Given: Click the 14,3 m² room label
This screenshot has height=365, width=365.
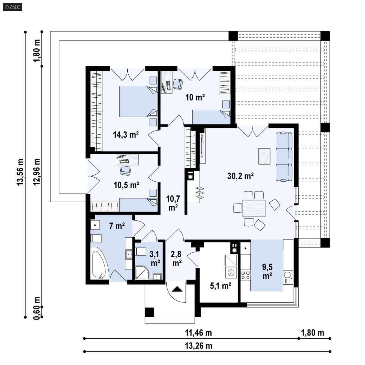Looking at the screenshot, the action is click(x=126, y=135).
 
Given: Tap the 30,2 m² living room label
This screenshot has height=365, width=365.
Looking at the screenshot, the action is click(x=240, y=176).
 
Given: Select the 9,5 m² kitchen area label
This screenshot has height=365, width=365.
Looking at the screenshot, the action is click(x=267, y=271).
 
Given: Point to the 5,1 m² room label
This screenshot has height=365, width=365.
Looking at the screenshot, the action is click(x=221, y=286).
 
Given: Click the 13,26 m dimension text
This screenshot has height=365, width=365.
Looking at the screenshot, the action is click(x=199, y=346).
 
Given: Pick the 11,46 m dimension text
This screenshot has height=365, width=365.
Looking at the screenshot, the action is click(x=198, y=333).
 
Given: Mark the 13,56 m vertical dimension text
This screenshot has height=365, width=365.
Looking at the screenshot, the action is click(x=20, y=172).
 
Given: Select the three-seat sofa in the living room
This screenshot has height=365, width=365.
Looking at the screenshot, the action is click(x=284, y=156).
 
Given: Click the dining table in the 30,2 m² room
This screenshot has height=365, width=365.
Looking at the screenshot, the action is click(x=254, y=208).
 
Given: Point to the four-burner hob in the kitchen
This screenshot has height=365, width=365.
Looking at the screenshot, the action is click(x=246, y=275).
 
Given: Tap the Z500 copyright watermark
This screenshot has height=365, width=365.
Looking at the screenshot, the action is click(x=13, y=7).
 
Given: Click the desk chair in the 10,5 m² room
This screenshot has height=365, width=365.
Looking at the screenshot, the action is click(x=125, y=170).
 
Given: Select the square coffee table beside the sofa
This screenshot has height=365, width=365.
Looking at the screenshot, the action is click(x=264, y=156).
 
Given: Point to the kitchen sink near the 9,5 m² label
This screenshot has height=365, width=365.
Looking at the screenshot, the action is click(x=288, y=277).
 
